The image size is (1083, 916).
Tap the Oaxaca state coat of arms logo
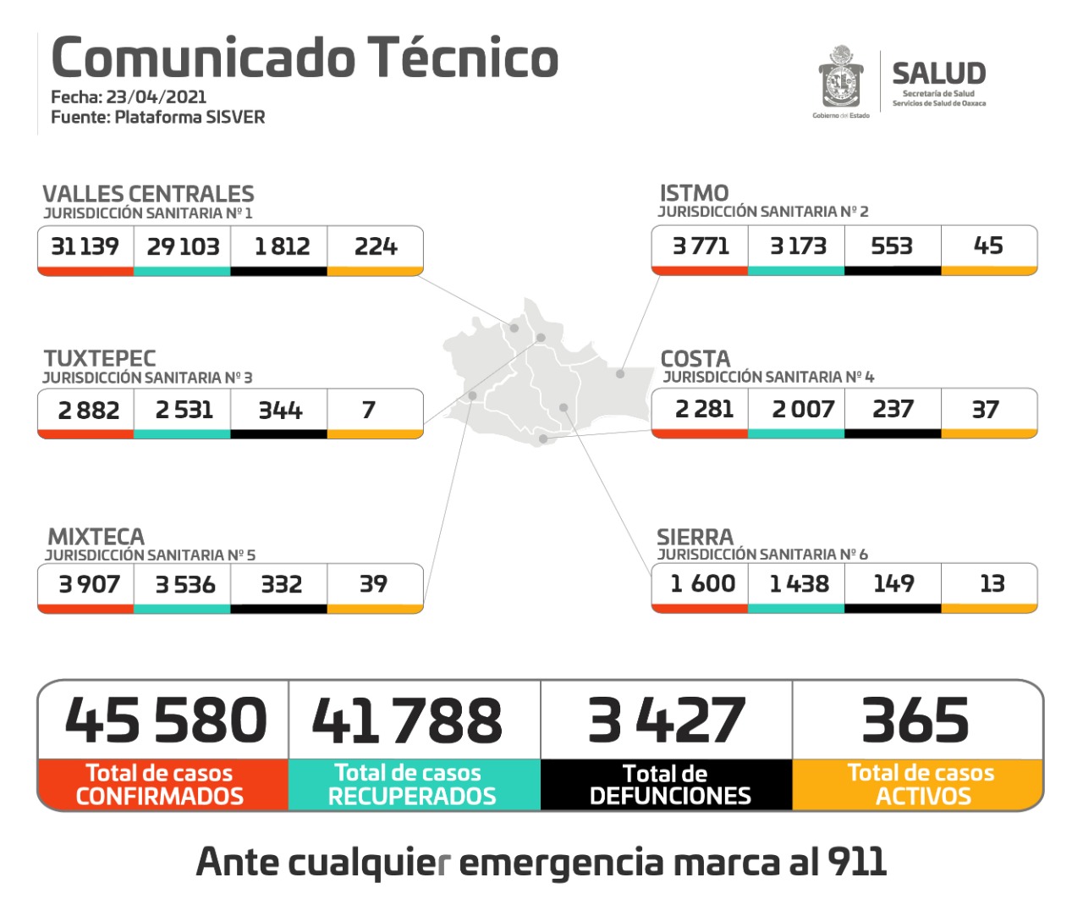[840, 78]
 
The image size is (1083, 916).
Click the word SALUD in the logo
[938, 74]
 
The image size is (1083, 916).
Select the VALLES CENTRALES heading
[148, 194]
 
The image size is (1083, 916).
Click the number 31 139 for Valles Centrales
[85, 246]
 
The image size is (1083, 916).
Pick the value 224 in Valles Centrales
[376, 246]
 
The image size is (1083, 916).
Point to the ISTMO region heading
[694, 193]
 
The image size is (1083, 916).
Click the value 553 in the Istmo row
[892, 246]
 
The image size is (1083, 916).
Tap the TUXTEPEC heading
[100, 358]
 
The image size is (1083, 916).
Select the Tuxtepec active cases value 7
[368, 411]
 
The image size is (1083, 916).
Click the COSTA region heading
[695, 358]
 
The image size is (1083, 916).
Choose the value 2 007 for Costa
[803, 410]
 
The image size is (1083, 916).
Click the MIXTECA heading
[96, 537]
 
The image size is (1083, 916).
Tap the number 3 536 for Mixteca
[185, 585]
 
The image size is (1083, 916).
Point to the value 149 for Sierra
[893, 584]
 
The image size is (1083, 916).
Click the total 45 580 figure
[166, 720]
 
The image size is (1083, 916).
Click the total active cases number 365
[915, 720]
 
